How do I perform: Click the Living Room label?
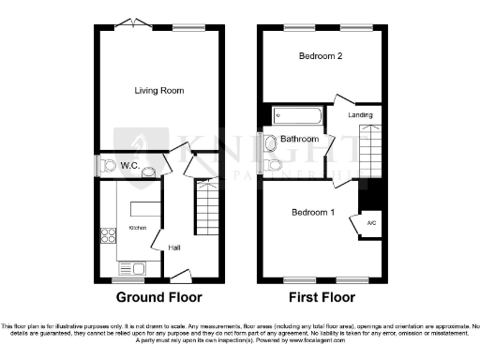point(158,91)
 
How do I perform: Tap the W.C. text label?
point(129,166)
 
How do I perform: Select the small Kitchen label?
point(137,228)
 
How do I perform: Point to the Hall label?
point(174,247)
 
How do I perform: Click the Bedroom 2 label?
point(320,57)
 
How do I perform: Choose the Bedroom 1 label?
point(313,212)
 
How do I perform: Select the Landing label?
point(360,115)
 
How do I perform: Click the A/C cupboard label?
point(371,223)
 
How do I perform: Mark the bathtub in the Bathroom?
point(297,117)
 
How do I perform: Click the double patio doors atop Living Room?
point(137,22)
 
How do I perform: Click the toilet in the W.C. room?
point(103,166)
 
